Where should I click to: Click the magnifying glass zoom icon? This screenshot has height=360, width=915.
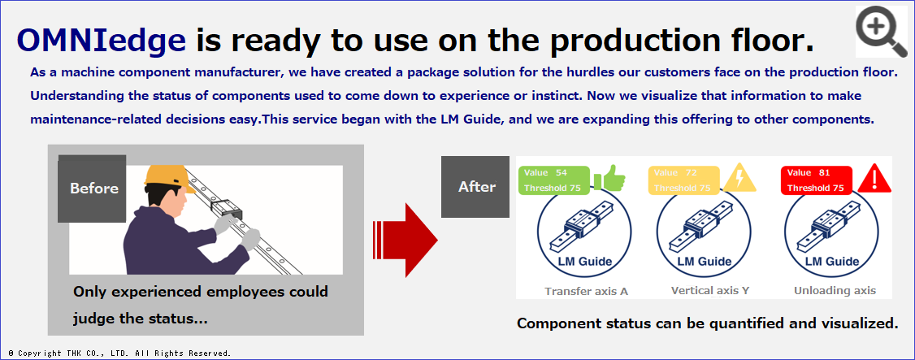pyautogui.click(x=881, y=31)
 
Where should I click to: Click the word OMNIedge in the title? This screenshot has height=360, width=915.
pyautogui.click(x=101, y=41)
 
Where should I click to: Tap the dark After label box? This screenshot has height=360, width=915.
pyautogui.click(x=475, y=187)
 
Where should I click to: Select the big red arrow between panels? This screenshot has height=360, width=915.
pyautogui.click(x=405, y=240)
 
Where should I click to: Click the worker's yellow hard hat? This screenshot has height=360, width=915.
pyautogui.click(x=169, y=178)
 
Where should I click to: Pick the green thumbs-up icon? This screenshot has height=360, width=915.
pyautogui.click(x=609, y=179)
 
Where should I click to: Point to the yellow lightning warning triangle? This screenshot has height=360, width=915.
pyautogui.click(x=740, y=178)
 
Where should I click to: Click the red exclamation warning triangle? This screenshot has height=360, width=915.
pyautogui.click(x=874, y=179)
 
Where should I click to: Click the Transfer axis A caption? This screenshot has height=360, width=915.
pyautogui.click(x=587, y=291)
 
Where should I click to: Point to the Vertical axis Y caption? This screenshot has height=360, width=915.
pyautogui.click(x=710, y=291)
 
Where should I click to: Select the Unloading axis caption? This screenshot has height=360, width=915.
pyautogui.click(x=835, y=291)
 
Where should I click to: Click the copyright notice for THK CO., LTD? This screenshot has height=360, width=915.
pyautogui.click(x=120, y=353)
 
